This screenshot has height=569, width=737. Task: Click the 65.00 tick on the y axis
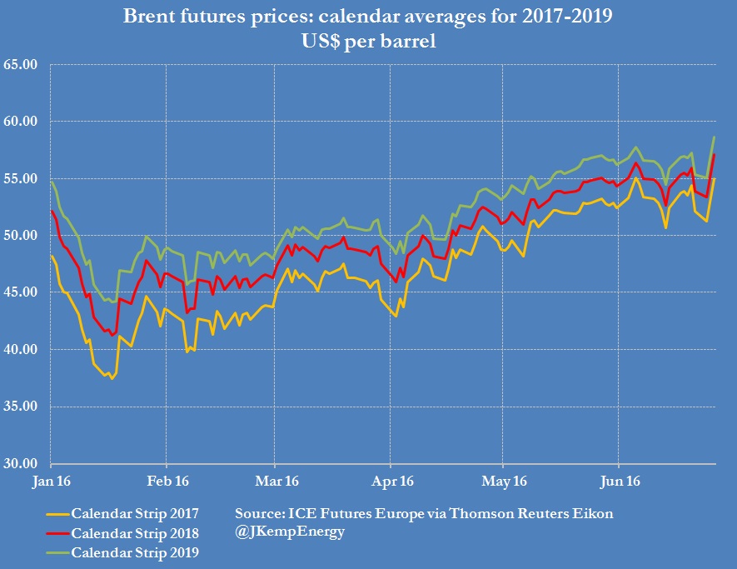point(23,64)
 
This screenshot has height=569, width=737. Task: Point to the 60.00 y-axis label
point(23,122)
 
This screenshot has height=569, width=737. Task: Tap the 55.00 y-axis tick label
point(23,178)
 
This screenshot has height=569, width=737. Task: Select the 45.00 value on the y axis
point(23,292)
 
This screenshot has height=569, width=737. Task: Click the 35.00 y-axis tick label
point(23,407)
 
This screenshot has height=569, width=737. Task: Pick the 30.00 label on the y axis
point(23,464)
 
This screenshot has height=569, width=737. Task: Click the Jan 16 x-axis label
point(51,481)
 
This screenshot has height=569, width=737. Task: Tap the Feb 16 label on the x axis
point(167,481)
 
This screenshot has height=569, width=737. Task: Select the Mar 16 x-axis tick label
point(275,481)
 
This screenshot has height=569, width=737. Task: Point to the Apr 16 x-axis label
point(390,481)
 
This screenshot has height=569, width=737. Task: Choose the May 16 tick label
point(502,481)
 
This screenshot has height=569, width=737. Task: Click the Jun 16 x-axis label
point(618,481)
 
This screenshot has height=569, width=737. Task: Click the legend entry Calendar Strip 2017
point(135,513)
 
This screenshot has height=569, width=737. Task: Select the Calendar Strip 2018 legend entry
point(135,532)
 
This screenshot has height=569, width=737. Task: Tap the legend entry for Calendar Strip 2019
point(135,552)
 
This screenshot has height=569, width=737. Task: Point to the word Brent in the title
point(149,16)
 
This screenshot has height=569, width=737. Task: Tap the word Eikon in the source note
point(594,513)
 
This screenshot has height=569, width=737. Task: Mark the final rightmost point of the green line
point(715,137)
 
